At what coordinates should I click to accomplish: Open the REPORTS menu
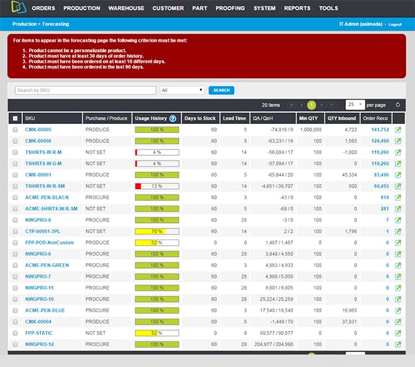pos(297,8)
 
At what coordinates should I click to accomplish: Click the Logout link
pos(395,24)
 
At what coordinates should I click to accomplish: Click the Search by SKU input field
pos(85,90)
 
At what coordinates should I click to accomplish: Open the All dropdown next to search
pos(182,90)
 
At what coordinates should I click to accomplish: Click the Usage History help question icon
pos(173,118)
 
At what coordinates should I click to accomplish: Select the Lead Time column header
pos(234,118)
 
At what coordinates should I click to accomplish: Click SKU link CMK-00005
pos(38,129)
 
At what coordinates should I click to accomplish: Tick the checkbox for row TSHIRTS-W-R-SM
pos(15,186)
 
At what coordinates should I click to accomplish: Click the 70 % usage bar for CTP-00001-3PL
pos(157,231)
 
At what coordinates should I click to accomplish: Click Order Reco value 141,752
pos(380,129)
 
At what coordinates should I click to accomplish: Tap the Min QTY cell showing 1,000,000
pos(309,129)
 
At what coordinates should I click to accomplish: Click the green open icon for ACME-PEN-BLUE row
pos(398,310)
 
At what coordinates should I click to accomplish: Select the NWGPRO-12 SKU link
pos(39,344)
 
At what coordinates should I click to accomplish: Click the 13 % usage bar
pos(157,186)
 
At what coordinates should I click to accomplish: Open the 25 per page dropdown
pos(355,105)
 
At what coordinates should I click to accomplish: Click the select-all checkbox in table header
pos(15,118)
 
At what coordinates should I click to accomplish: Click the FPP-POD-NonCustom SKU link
pos(48,242)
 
